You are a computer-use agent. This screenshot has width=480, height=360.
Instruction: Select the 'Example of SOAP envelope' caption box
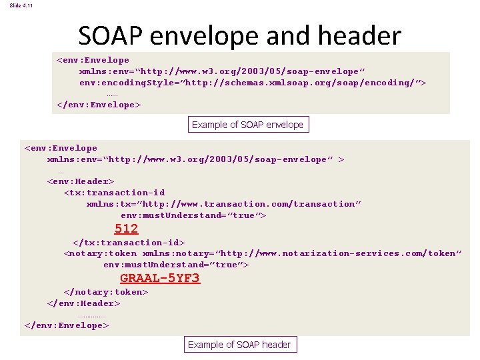(x=247, y=125)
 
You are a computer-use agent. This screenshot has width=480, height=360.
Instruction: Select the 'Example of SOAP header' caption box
(x=239, y=345)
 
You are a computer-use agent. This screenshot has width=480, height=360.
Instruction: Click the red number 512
(x=126, y=229)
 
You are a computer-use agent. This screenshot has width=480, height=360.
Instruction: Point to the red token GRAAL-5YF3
(x=159, y=278)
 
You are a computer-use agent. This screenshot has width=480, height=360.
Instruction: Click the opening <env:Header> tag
(x=81, y=181)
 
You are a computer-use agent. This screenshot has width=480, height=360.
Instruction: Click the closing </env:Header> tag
(x=83, y=303)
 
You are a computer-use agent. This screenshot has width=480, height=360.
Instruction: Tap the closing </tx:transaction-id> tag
(x=128, y=243)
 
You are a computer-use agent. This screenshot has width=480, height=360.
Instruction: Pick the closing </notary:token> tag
(x=105, y=292)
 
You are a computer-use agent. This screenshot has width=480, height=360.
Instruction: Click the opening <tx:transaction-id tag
(x=114, y=193)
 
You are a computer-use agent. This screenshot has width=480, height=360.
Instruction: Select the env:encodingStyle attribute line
(x=252, y=83)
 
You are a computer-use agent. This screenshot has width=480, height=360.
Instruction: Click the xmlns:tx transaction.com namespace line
(x=223, y=204)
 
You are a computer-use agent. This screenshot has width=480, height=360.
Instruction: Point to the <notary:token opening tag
(x=100, y=253)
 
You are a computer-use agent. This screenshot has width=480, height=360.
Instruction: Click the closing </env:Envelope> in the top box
(x=99, y=105)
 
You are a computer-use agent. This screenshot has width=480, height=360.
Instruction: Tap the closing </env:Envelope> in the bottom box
(x=66, y=325)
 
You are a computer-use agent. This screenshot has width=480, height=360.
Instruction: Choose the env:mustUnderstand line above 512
(x=193, y=215)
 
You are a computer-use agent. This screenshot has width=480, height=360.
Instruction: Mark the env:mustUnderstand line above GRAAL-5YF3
(x=176, y=265)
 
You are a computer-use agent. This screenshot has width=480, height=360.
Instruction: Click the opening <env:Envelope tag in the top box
(x=93, y=60)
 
